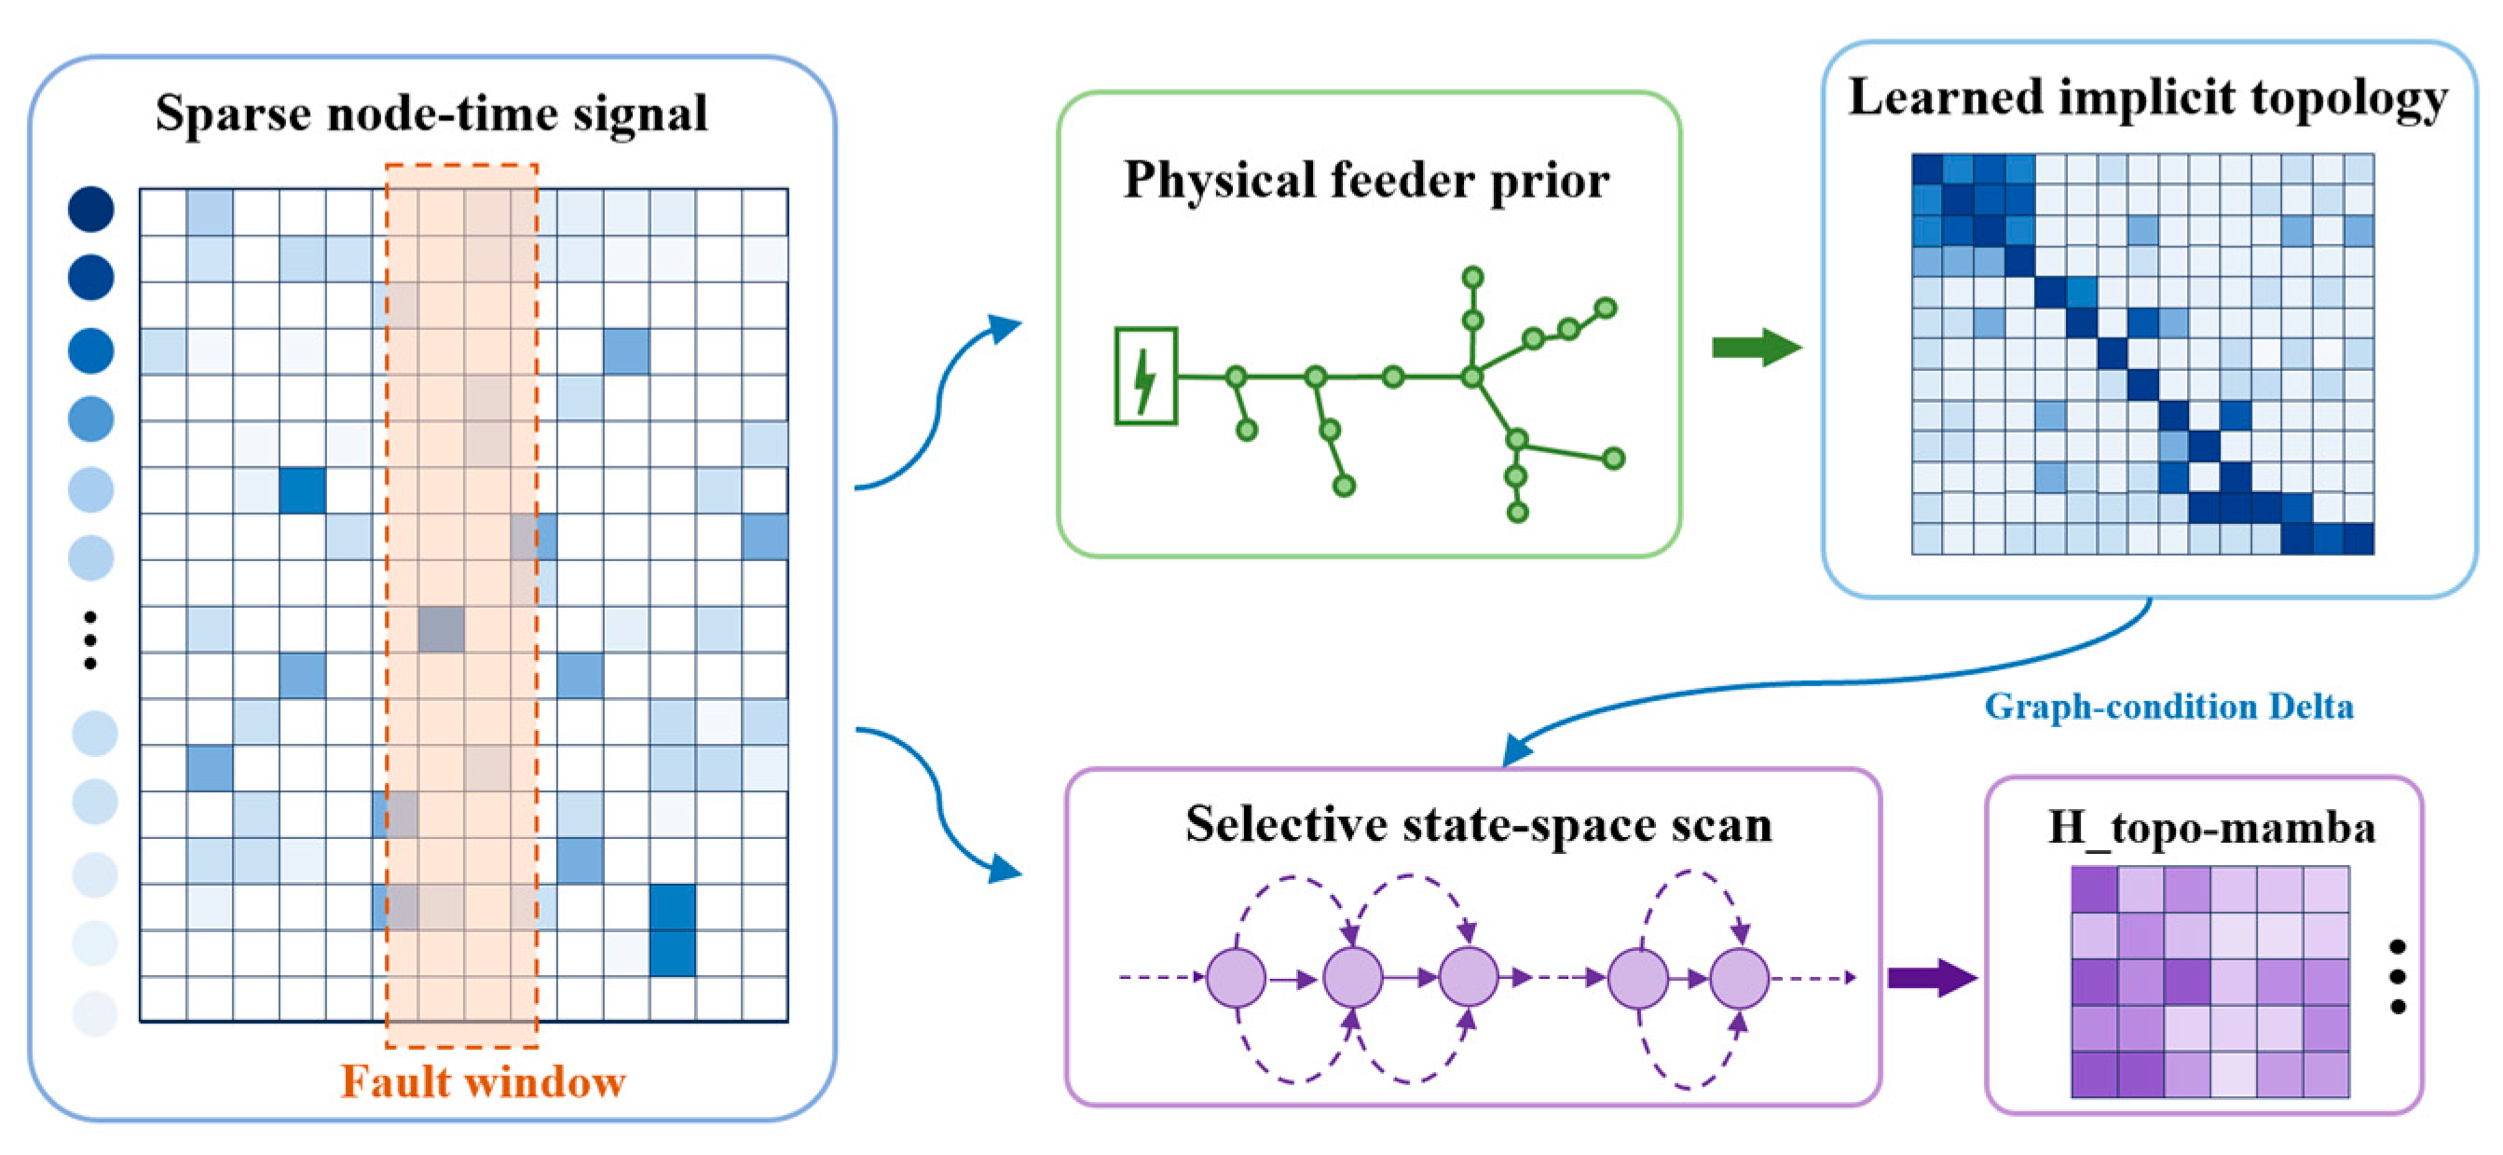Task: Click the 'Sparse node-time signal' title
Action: coord(431,115)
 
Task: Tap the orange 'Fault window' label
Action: coord(483,1082)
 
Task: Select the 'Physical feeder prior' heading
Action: coord(1366,182)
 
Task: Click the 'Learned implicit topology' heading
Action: coord(2147,99)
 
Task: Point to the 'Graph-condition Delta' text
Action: coord(2168,707)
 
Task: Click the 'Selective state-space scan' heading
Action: coord(1479,824)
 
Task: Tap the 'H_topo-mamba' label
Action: coord(2211,829)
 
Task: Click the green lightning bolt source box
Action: coord(1145,376)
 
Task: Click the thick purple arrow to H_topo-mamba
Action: coord(1932,977)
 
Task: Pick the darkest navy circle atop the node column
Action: coord(90,209)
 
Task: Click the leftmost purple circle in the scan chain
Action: coord(1236,977)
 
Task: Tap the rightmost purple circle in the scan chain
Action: coord(1739,977)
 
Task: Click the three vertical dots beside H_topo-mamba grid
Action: coord(2398,976)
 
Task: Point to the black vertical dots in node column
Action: coord(90,640)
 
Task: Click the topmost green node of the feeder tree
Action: coord(1473,277)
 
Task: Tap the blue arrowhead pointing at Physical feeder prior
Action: coord(1006,327)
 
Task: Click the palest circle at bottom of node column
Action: coord(95,1013)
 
